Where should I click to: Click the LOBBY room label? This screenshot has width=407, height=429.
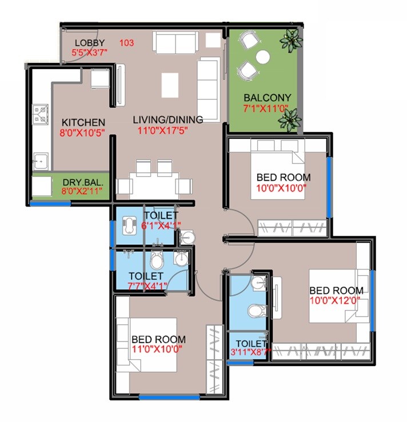[90, 43]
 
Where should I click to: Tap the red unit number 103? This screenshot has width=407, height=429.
[127, 43]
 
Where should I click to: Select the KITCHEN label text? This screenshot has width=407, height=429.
[83, 122]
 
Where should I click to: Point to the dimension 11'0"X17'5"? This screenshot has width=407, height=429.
[163, 130]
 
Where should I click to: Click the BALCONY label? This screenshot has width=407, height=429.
[267, 97]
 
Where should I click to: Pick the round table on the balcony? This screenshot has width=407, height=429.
[262, 57]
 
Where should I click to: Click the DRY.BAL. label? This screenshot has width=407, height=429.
[83, 182]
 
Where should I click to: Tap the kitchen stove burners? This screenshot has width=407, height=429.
[41, 114]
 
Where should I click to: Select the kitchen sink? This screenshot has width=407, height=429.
[40, 162]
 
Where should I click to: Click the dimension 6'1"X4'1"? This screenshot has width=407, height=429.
[161, 225]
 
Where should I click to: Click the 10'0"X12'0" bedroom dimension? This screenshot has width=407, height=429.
[336, 300]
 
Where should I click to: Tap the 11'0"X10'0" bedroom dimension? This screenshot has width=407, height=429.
[158, 348]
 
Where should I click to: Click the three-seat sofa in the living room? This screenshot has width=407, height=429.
[208, 89]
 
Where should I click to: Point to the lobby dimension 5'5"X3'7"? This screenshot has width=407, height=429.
[90, 53]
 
